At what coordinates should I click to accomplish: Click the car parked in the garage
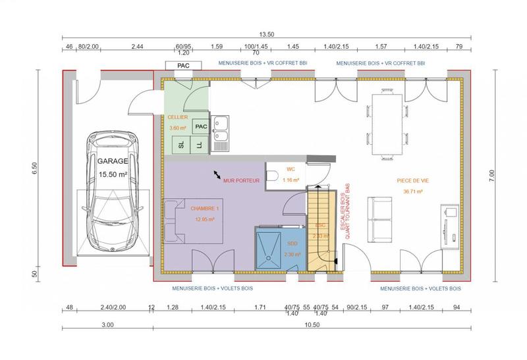point(115,194)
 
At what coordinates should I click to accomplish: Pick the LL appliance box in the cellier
point(200,145)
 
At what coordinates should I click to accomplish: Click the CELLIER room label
point(179,116)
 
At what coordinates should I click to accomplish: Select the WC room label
point(291,168)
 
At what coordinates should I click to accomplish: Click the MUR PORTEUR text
point(242,180)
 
